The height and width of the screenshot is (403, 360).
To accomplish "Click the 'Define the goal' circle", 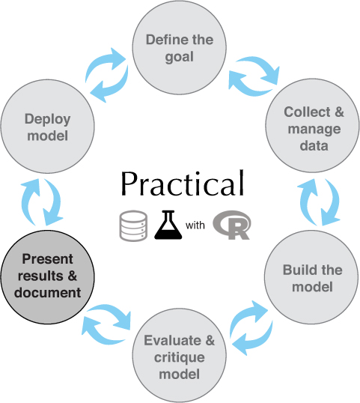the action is pyautogui.click(x=179, y=47).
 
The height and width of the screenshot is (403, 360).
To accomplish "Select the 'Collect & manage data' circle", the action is pyautogui.click(x=313, y=126).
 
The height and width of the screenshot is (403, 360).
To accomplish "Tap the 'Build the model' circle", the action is pyautogui.click(x=311, y=277).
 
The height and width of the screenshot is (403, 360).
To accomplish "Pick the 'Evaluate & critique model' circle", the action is pyautogui.click(x=179, y=356).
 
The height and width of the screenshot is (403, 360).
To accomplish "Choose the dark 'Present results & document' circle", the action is pyautogui.click(x=47, y=277).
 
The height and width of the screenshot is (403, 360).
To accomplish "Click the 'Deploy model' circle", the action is pyautogui.click(x=47, y=126).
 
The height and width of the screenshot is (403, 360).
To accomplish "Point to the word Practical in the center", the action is pyautogui.click(x=183, y=184).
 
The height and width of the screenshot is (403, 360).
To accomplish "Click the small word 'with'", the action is pyautogui.click(x=195, y=225).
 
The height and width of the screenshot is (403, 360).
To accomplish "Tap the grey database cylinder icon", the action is pyautogui.click(x=133, y=226).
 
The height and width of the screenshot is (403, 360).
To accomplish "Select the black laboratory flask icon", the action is pyautogui.click(x=168, y=225).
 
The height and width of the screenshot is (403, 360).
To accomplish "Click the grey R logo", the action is pyautogui.click(x=232, y=225).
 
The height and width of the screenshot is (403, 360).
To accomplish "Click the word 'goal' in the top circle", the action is pyautogui.click(x=179, y=57).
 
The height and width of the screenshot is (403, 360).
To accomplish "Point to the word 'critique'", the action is pyautogui.click(x=179, y=357).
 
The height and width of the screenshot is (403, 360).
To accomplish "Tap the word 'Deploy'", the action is pyautogui.click(x=47, y=120).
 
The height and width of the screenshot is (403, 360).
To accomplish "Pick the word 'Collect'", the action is pyautogui.click(x=307, y=112).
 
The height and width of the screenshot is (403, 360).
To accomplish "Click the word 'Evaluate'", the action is pyautogui.click(x=172, y=340).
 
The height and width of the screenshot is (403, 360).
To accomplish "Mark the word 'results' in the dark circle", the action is pyautogui.click(x=40, y=276).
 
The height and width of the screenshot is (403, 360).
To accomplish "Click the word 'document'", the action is pyautogui.click(x=47, y=292).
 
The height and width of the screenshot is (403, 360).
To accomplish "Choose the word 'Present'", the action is pyautogui.click(x=47, y=259).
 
